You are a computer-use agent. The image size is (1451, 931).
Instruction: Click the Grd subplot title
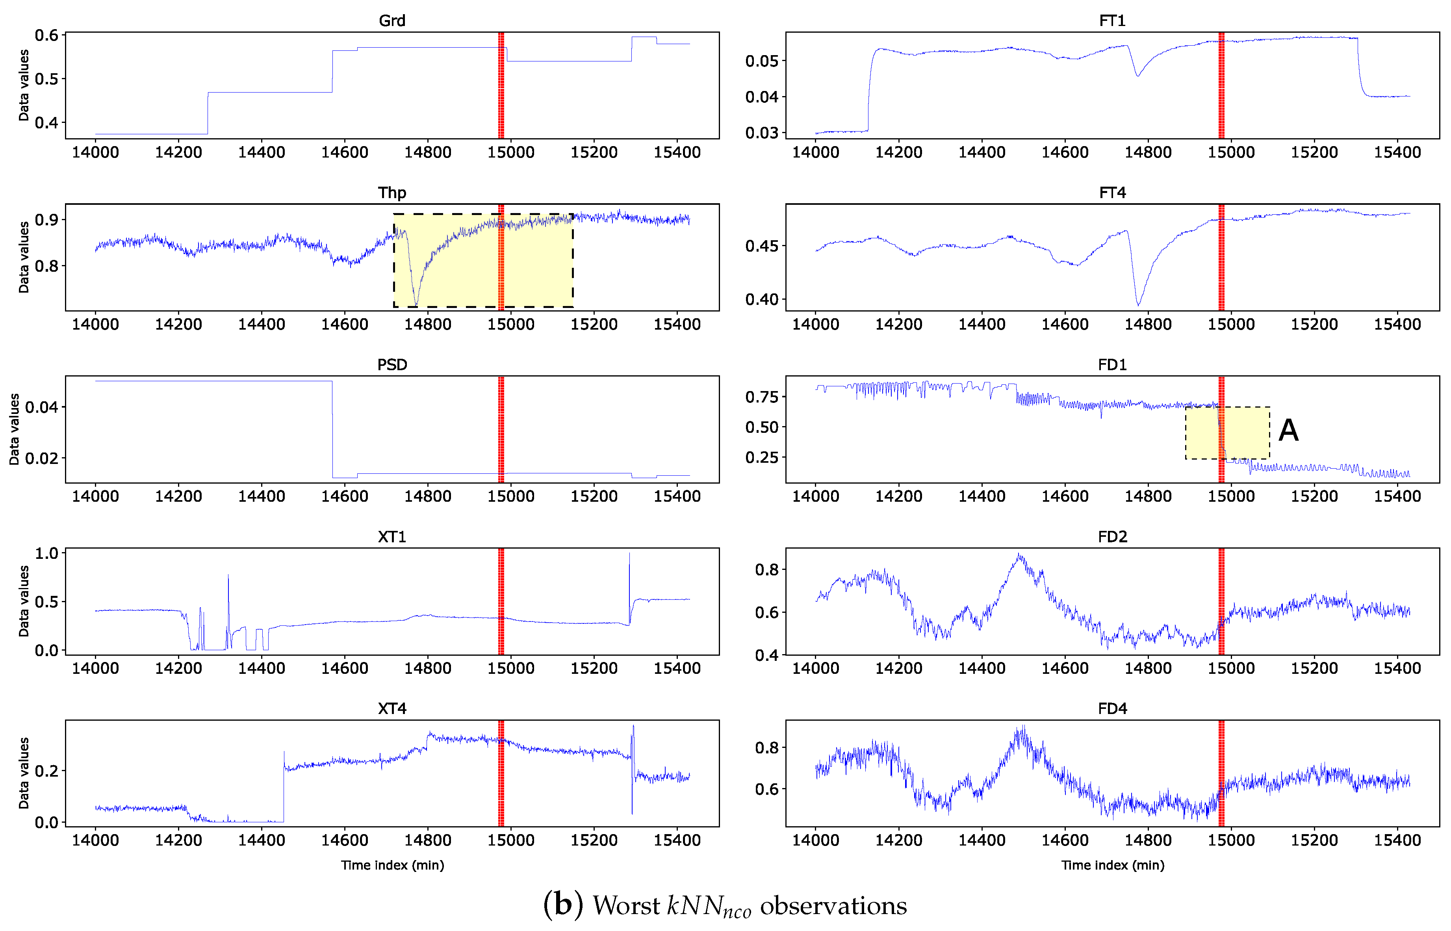[x=392, y=20]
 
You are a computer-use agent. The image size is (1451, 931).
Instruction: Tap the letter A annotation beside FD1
[x=1288, y=430]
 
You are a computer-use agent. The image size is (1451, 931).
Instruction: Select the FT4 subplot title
[x=1112, y=193]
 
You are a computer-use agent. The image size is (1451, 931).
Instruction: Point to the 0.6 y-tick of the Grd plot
[x=46, y=35]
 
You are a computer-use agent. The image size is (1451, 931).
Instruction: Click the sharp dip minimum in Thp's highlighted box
[x=416, y=304]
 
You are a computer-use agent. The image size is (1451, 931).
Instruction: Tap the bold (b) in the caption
[x=563, y=904]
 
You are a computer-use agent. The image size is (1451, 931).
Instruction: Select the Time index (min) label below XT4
[x=392, y=865]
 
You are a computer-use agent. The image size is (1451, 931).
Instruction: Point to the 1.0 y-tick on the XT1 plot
[x=46, y=554]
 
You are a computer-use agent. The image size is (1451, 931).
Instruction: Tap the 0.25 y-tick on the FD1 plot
[x=762, y=458]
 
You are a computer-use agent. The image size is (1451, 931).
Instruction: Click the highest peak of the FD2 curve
[x=1019, y=555]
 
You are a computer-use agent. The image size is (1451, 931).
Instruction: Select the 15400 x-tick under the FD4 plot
[x=1397, y=840]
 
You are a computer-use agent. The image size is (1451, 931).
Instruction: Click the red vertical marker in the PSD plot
[x=501, y=429]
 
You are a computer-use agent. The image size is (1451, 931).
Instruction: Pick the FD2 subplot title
[x=1112, y=537]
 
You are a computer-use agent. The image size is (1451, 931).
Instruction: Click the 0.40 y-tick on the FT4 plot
[x=762, y=299]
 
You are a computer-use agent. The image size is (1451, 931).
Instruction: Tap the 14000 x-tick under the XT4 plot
[x=96, y=840]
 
